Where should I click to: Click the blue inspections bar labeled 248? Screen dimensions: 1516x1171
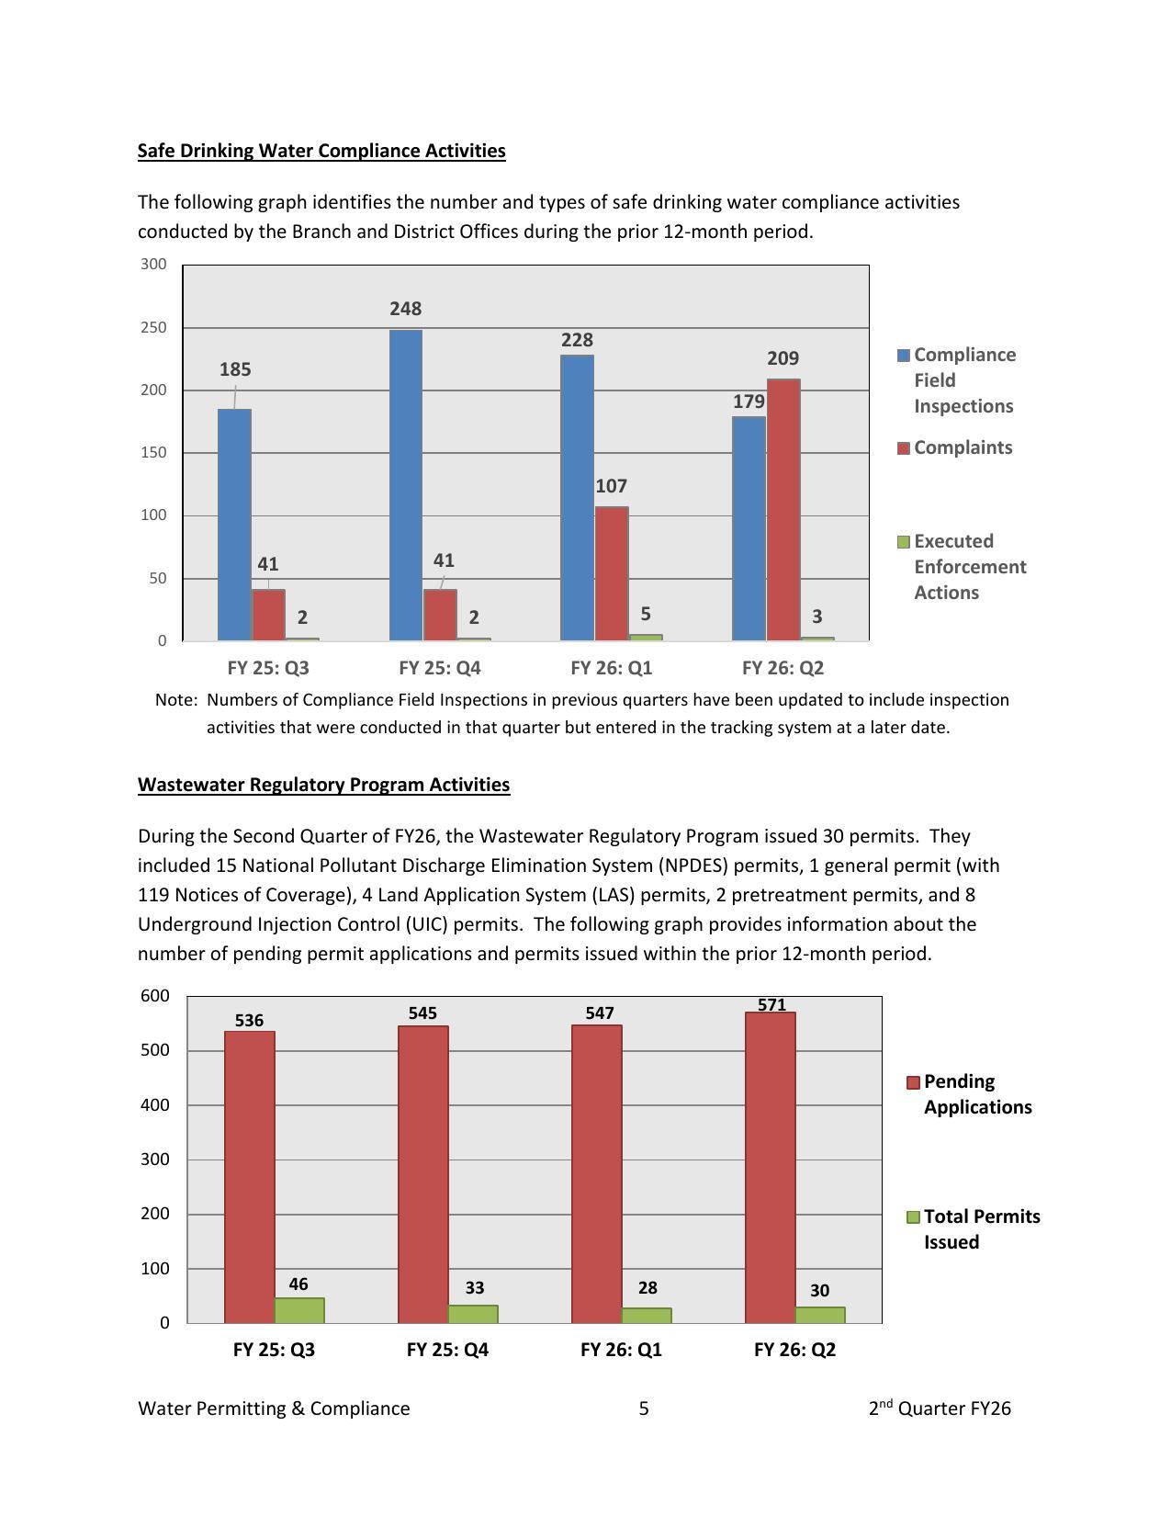(406, 484)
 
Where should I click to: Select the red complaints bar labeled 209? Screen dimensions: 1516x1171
(783, 509)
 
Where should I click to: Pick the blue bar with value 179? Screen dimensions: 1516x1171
(749, 528)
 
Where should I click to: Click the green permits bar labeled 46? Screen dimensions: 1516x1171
(299, 1310)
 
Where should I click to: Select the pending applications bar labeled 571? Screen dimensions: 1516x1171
(770, 1167)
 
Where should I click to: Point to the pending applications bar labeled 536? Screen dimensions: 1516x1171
(249, 1176)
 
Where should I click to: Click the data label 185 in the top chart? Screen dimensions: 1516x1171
(235, 369)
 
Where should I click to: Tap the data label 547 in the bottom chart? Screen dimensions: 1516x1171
(599, 1013)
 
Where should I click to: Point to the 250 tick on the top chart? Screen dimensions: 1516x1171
(153, 327)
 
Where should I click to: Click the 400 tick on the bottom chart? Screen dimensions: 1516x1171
(155, 1104)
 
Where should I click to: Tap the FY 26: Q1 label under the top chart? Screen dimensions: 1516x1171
(611, 667)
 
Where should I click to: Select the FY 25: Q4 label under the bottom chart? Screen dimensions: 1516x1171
(447, 1349)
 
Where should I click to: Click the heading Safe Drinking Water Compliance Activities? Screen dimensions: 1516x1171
(321, 151)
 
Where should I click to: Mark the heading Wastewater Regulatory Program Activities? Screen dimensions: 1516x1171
(323, 785)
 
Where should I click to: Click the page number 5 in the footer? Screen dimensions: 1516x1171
(644, 1409)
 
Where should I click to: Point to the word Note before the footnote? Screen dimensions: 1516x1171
(175, 700)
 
